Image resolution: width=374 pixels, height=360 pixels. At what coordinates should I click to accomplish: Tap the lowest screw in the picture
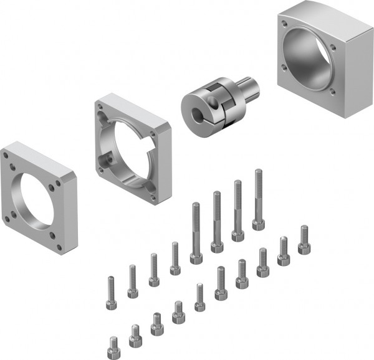click(x=113, y=344)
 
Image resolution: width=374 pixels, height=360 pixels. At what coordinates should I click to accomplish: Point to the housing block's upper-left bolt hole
click(x=284, y=24)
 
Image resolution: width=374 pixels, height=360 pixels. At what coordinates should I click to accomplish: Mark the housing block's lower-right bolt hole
click(x=332, y=92)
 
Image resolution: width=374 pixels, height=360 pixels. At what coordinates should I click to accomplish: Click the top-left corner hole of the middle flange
click(x=100, y=108)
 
